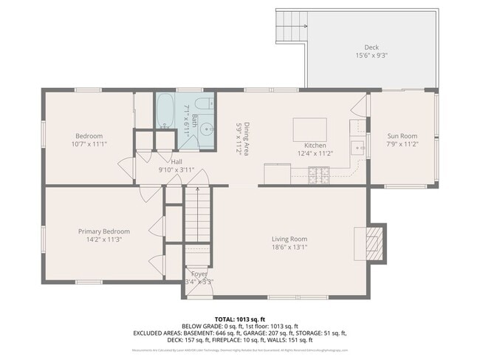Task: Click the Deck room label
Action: [371, 47]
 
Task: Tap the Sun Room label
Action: [402, 136]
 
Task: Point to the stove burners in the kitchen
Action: [318, 175]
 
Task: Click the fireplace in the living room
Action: [374, 240]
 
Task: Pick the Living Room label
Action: [289, 239]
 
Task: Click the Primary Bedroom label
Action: [104, 231]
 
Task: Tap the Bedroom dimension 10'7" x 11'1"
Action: [89, 144]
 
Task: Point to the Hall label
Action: [177, 160]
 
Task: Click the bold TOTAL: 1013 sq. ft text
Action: [240, 317]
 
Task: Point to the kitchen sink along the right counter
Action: [359, 148]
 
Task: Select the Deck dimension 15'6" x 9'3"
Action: [371, 55]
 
